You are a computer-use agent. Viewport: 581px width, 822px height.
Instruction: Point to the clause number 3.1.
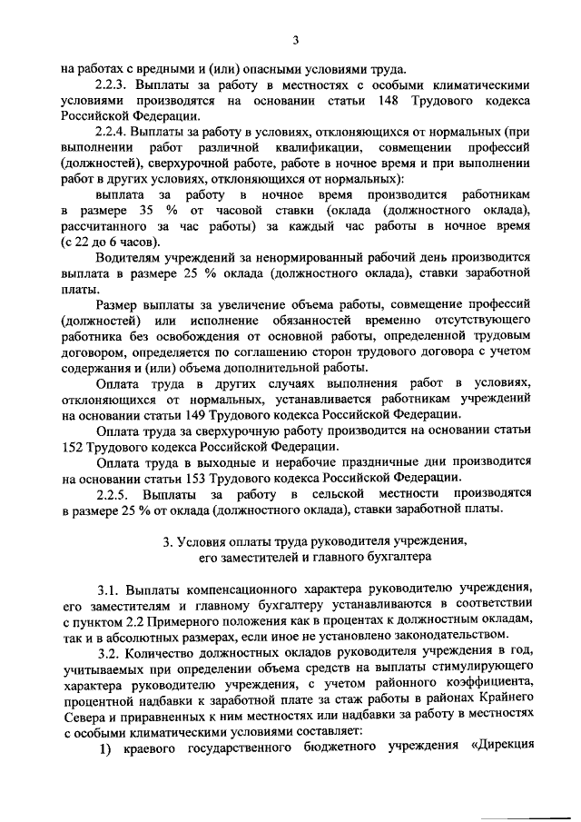click(x=107, y=589)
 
